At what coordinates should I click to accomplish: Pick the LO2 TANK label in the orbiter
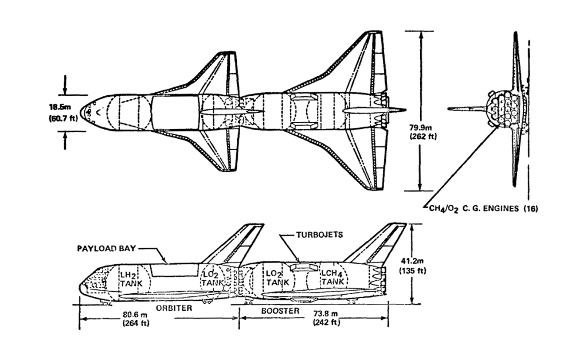(211, 279)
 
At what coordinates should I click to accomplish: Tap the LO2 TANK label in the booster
(277, 279)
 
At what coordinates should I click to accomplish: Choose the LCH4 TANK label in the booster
(333, 279)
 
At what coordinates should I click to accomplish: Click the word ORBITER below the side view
(173, 308)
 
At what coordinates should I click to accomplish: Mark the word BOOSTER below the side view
(281, 310)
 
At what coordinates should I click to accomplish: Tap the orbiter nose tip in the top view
(81, 109)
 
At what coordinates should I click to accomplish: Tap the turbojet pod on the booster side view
(302, 267)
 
